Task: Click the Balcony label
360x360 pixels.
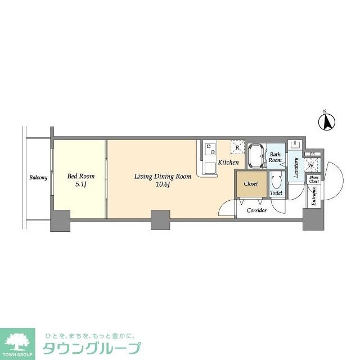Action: [x=39, y=178]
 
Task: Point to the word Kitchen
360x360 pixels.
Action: [x=228, y=163]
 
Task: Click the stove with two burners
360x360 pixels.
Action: [x=210, y=148]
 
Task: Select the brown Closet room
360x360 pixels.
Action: [x=250, y=184]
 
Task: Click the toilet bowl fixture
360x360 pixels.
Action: [x=276, y=181]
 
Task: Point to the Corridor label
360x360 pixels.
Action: [x=256, y=210]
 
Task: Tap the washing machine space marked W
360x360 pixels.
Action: [x=310, y=165]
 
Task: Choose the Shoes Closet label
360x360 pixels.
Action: [x=314, y=180]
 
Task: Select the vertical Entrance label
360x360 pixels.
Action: [x=314, y=196]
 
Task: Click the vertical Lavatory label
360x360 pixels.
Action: [x=295, y=167]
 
